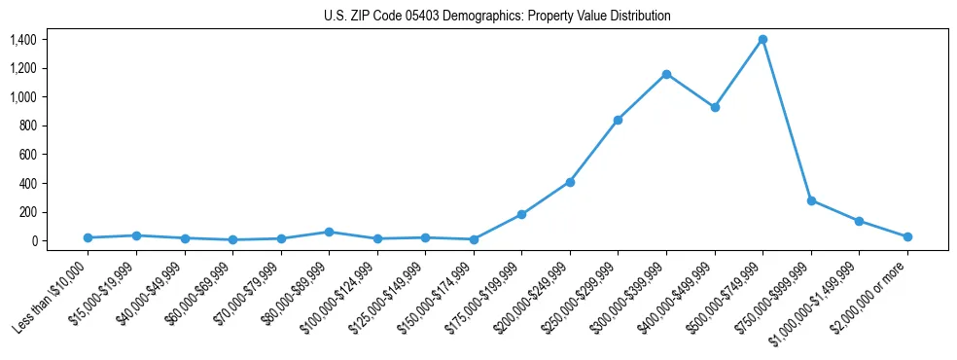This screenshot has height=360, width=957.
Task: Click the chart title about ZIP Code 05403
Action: pos(497,17)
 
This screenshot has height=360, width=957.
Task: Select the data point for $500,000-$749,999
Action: pos(762,40)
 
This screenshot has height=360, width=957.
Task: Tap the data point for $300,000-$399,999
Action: pos(666,74)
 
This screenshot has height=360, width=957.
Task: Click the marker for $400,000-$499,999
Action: pos(715,107)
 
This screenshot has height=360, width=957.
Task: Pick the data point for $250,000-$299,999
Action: pos(618,120)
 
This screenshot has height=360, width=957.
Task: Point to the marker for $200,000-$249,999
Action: pos(570,182)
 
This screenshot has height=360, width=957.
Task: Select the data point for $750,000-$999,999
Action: pos(811,200)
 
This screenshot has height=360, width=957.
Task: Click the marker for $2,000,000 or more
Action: pos(907,236)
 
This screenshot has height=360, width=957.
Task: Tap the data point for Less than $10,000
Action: pos(88,237)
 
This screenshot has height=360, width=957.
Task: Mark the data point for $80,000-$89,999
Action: pos(329,232)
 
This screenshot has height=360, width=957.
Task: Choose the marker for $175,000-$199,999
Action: pos(521,214)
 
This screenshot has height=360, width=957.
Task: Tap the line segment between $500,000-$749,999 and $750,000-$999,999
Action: pos(787,120)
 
